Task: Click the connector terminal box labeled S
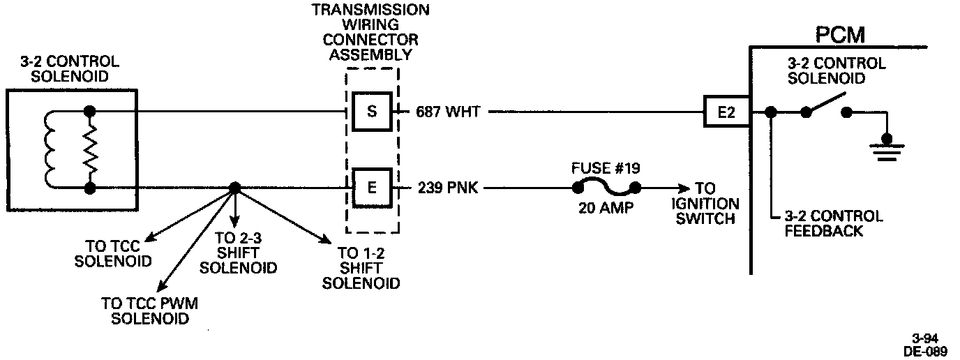(372, 112)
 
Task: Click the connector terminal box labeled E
(372, 188)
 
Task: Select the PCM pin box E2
(727, 112)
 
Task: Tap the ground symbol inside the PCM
(887, 147)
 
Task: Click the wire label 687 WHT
(447, 112)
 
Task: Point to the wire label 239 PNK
(448, 188)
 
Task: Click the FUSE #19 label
(606, 168)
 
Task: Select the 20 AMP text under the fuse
(606, 208)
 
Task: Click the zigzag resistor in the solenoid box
(89, 149)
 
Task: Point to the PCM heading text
(839, 34)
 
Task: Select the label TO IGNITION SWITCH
(704, 204)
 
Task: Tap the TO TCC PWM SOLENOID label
(150, 311)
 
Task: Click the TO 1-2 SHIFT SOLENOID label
(361, 269)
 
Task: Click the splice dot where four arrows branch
(234, 188)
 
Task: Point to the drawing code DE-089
(925, 352)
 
